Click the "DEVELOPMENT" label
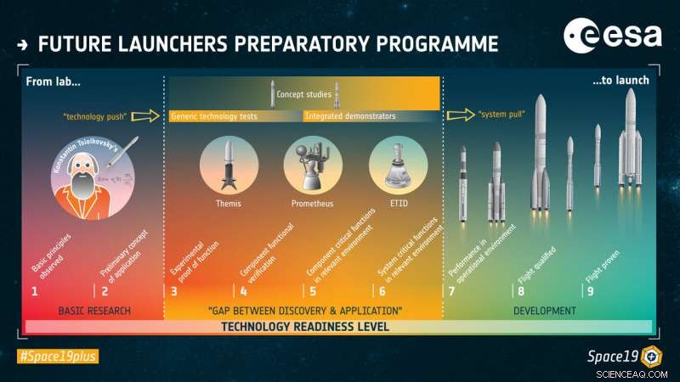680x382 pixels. (x=546, y=311)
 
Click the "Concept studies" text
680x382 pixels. (x=303, y=94)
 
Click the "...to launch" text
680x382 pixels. (x=620, y=81)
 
